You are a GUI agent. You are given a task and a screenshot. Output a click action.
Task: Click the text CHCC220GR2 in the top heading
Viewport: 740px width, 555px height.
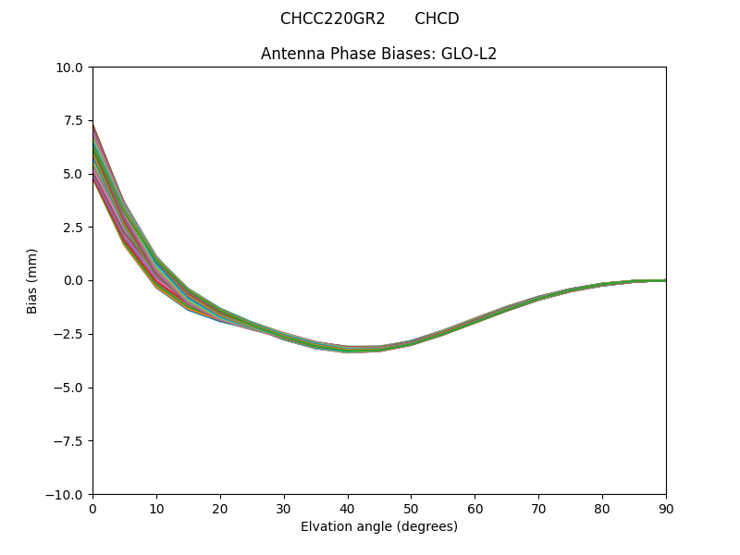point(332,18)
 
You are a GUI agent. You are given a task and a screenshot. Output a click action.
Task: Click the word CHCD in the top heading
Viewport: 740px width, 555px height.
point(437,18)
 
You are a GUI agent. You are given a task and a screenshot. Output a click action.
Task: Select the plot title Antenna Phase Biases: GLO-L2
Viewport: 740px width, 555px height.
point(378,54)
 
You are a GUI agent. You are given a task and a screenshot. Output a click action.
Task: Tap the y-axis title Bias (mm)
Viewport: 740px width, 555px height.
point(32,280)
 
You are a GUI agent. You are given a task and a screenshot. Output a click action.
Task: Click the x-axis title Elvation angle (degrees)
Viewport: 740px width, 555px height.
point(378,526)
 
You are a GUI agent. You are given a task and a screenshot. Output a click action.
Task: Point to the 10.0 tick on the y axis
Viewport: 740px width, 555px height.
point(71,68)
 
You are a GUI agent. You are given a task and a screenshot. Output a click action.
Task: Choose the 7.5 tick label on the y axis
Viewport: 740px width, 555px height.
point(74,120)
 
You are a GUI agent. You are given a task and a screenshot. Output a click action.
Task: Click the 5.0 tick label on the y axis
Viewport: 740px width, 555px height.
point(74,174)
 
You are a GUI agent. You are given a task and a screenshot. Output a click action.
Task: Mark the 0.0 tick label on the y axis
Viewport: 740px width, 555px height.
point(74,280)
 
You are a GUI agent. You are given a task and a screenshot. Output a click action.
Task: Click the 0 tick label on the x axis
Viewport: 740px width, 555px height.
point(92,509)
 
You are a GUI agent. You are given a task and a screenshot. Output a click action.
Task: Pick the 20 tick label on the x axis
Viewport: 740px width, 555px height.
point(220,509)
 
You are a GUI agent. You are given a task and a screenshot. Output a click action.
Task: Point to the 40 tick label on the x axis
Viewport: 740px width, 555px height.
point(348,509)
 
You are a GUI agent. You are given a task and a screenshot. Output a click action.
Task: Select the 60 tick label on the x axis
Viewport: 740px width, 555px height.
point(475,509)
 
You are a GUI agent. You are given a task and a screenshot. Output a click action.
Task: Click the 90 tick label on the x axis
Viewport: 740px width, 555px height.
point(665,509)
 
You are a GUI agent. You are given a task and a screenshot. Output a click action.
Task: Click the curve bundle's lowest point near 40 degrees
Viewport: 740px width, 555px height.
point(348,350)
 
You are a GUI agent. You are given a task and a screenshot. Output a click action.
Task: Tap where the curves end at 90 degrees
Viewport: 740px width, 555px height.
point(665,280)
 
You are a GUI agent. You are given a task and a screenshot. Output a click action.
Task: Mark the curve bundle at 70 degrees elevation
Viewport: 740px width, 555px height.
point(538,298)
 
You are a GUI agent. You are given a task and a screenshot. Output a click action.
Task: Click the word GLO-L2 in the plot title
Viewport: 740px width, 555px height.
point(469,54)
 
